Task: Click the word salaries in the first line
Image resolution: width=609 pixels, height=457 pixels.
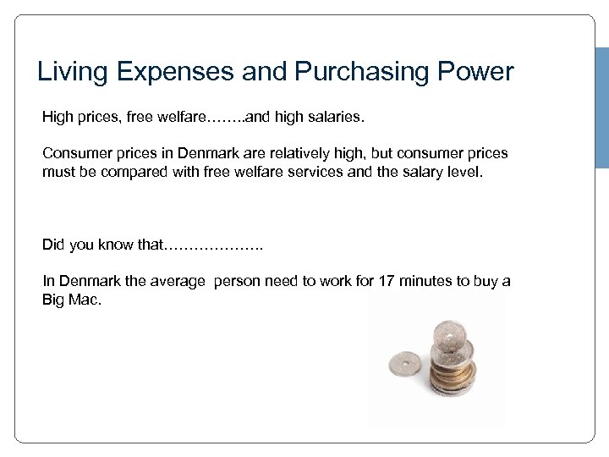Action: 337,118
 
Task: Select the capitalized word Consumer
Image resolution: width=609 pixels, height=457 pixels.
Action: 74,154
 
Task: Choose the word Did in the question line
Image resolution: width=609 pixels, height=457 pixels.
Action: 53,245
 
